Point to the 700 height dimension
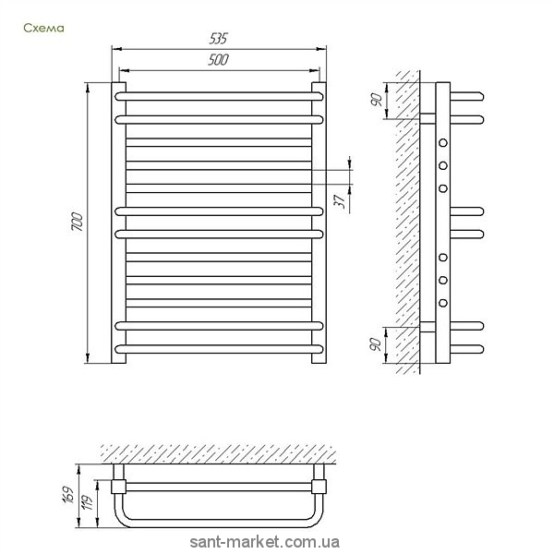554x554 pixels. (78, 222)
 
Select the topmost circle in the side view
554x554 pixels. (443, 143)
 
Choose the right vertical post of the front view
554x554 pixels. (319, 222)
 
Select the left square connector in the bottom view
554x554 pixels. (117, 486)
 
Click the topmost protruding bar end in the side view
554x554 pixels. (469, 94)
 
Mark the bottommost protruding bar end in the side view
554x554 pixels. (469, 348)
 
